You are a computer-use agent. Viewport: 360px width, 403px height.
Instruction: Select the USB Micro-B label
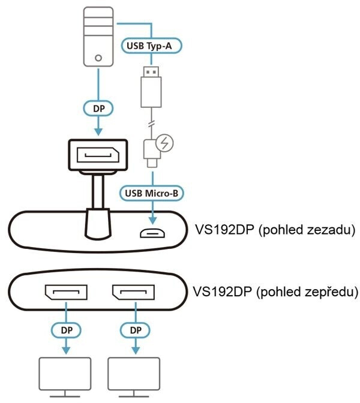(152, 193)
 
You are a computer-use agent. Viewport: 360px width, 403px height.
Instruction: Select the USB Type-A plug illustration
(152, 84)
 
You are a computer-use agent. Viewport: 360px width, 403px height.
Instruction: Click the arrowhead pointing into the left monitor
(65, 350)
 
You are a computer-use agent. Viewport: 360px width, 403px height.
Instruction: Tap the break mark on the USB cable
(152, 124)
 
